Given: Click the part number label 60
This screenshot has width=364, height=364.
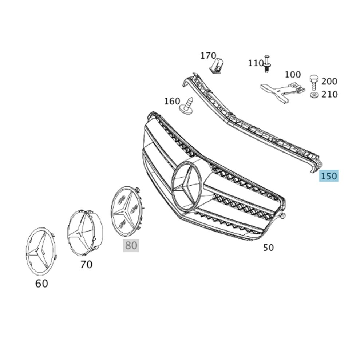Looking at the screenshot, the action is click(41, 284).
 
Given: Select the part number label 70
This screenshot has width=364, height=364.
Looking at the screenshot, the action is click(86, 264).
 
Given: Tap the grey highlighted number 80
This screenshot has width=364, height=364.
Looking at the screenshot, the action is click(131, 245).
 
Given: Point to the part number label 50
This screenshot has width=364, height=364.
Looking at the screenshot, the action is click(268, 248).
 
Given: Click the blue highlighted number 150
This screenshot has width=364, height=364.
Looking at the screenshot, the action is click(329, 176).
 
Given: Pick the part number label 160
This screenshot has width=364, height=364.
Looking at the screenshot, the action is click(172, 101).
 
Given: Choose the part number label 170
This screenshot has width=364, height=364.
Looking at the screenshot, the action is click(208, 56).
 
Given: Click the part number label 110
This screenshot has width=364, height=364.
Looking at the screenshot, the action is click(256, 63).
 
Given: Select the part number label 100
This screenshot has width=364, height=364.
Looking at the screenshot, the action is click(293, 75).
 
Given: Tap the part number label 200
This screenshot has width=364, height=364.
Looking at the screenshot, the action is click(329, 82).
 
